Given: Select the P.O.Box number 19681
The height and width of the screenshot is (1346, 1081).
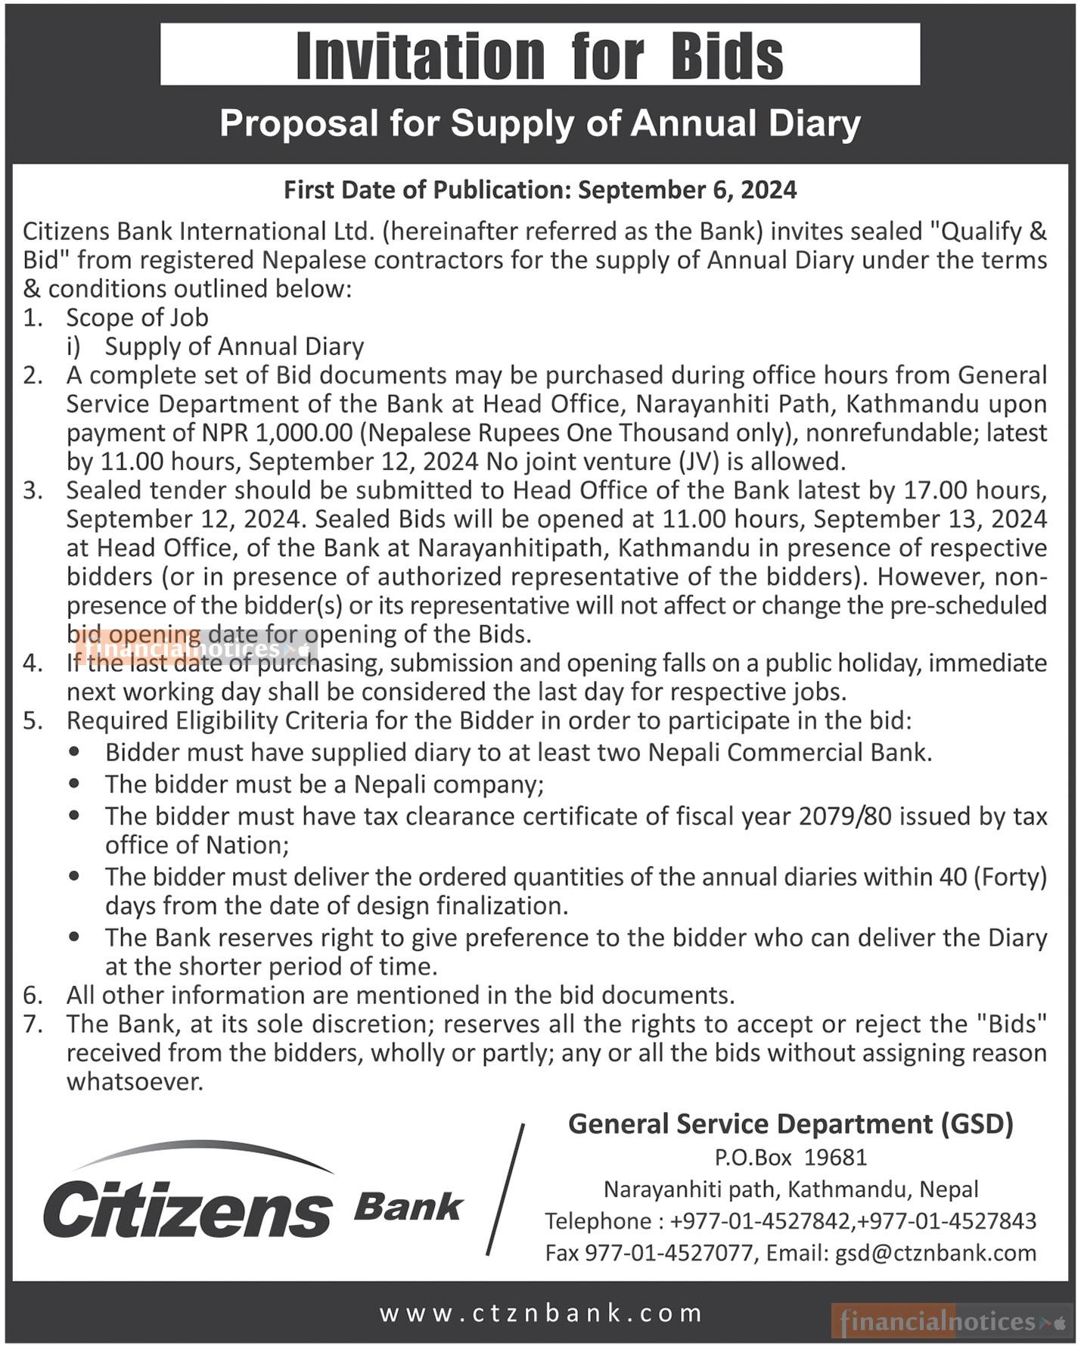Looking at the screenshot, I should [x=835, y=1158].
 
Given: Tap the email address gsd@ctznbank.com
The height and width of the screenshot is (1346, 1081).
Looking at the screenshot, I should [x=935, y=1253].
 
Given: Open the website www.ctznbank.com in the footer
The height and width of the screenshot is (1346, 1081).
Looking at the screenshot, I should [x=541, y=1313].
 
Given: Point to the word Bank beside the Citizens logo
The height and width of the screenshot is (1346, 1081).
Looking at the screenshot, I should [x=408, y=1207].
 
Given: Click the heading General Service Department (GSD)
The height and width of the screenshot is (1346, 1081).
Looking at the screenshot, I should [x=791, y=1124].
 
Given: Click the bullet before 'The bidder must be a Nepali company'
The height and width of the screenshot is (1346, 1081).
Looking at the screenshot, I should [x=74, y=785].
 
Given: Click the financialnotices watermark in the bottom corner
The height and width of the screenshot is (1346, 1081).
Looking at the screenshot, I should [x=952, y=1322].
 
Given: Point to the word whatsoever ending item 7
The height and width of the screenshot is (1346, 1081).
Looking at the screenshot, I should [x=135, y=1082].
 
